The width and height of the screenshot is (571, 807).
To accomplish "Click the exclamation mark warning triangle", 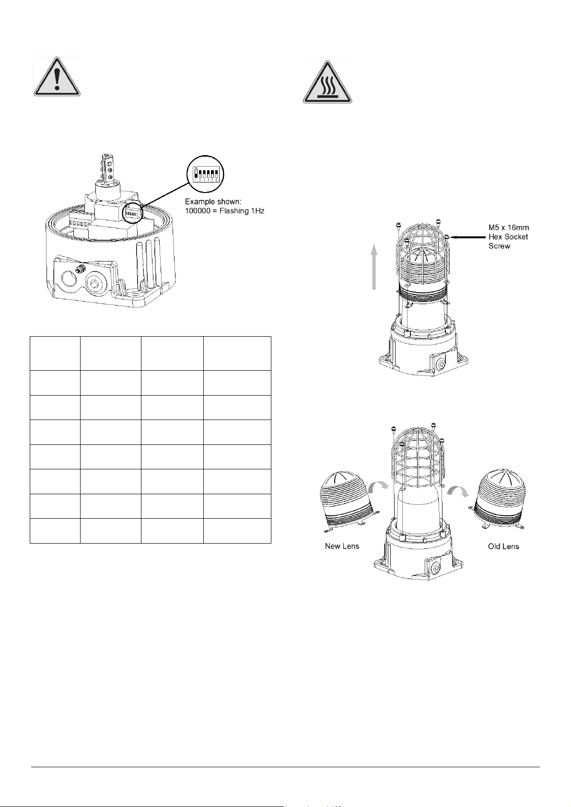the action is [x=57, y=76].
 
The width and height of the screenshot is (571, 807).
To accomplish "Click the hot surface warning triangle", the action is [x=327, y=82].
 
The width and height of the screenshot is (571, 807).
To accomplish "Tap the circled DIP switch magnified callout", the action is [x=205, y=174].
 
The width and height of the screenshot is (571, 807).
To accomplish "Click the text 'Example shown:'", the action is [x=213, y=201].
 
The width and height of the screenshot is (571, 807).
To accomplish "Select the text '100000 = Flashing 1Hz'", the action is [x=225, y=211].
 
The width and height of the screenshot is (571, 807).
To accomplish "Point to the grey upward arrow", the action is [x=374, y=267].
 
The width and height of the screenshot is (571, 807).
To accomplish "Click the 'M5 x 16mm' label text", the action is [x=509, y=227].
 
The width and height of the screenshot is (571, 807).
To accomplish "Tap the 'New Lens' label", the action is [x=342, y=546].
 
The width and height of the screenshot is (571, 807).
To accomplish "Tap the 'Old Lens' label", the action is [x=503, y=546].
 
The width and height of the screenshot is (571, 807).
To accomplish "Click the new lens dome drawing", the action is [x=348, y=501].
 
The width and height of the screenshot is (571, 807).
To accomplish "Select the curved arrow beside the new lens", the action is [x=379, y=488].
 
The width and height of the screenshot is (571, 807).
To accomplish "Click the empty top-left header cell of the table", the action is [x=55, y=353].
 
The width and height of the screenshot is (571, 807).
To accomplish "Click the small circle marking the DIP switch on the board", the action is [x=133, y=214].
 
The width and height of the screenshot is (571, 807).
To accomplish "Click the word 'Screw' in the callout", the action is [x=499, y=246].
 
